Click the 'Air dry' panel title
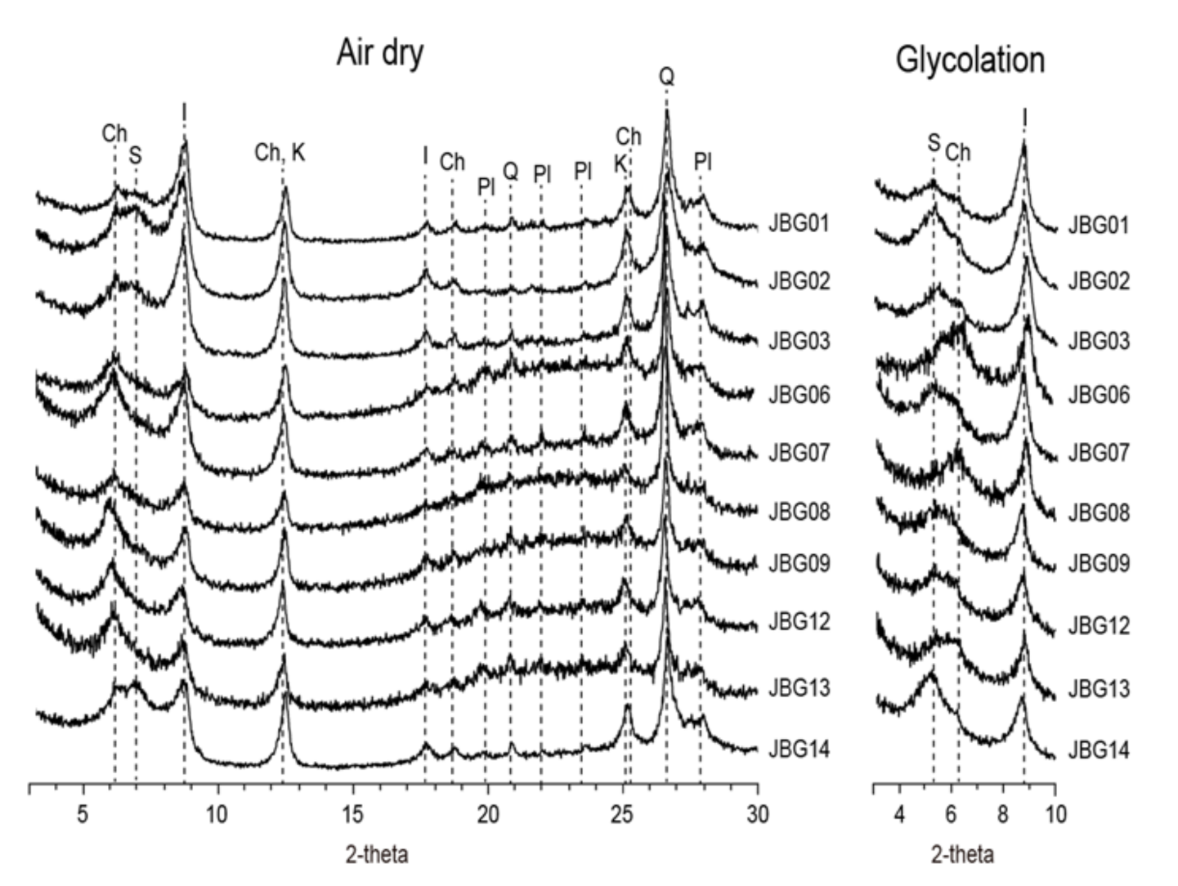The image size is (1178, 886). point(380,54)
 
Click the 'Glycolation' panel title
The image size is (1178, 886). point(970,60)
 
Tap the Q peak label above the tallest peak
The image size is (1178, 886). point(667,78)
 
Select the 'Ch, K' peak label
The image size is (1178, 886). point(280,153)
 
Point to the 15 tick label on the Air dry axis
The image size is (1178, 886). point(352,815)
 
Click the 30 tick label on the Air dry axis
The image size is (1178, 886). point(758,815)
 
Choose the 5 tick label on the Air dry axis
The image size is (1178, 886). point(83,815)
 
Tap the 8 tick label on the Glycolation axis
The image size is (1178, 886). point(1002,815)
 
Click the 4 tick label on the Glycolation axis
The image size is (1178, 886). point(899,815)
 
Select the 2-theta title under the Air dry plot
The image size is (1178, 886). point(377,855)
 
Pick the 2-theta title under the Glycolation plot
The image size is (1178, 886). point(963,855)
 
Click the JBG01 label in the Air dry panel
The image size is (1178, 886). point(799,223)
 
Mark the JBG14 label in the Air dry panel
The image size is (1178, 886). point(799,749)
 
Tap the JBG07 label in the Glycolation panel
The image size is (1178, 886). point(1099,453)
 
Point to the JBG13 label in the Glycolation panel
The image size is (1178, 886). point(1099,688)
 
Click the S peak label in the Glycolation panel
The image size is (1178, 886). point(934,143)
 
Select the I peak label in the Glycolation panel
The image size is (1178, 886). point(1023,119)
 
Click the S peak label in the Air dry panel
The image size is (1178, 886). point(135,155)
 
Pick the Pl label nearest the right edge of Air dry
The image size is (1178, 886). point(703,163)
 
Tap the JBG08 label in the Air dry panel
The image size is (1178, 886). point(799,512)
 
